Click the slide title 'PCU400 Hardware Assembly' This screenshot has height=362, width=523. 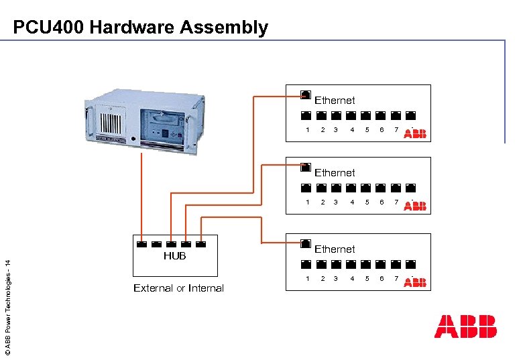[140, 27]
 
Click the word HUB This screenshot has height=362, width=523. [174, 255]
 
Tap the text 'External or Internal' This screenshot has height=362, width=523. [178, 288]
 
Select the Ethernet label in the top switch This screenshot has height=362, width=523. [335, 100]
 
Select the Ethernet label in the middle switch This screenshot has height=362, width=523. [335, 172]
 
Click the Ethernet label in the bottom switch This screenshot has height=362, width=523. [335, 249]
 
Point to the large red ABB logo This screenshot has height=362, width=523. [465, 326]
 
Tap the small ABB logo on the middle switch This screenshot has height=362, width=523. [414, 205]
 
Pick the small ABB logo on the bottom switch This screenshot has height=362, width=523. [414, 282]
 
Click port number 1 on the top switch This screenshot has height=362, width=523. [307, 129]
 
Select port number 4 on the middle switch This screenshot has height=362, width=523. [352, 202]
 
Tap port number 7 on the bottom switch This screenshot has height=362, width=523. [396, 278]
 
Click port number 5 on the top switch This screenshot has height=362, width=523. [367, 129]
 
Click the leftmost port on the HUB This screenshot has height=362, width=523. [141, 243]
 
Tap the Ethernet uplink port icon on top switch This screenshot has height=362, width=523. [306, 94]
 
